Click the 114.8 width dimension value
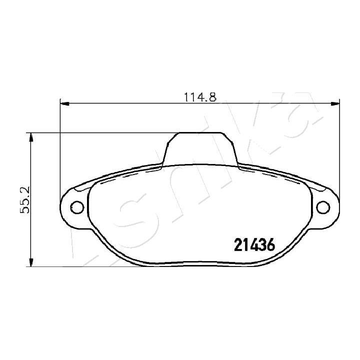point(200,97)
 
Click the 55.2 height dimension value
point(25,199)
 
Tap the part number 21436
point(254,245)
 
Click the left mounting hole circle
point(77,207)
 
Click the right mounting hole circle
point(323,207)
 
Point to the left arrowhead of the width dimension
point(64,104)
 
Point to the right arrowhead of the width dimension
point(335,104)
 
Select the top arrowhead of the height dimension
point(31,137)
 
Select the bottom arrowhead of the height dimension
point(31,262)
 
